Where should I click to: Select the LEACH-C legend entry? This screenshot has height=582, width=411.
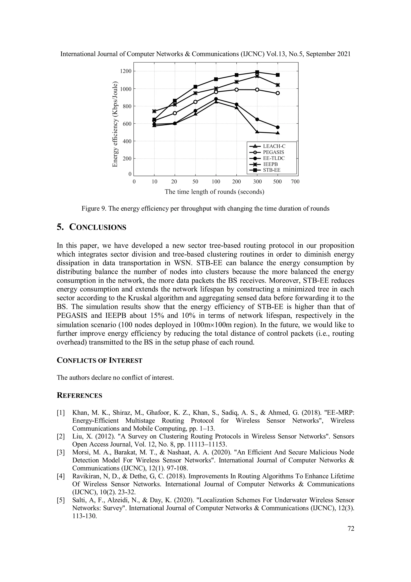(274, 146)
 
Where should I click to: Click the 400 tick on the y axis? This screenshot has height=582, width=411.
(127, 141)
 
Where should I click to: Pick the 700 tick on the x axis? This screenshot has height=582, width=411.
(295, 181)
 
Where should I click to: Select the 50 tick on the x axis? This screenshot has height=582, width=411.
(195, 181)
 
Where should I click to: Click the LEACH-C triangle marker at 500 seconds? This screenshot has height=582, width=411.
(278, 133)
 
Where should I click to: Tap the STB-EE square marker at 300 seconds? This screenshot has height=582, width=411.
(257, 72)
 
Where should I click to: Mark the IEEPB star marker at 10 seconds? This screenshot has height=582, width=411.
(154, 111)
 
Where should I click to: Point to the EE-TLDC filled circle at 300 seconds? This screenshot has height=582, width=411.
(257, 119)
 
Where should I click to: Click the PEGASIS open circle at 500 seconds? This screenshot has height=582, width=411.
(278, 93)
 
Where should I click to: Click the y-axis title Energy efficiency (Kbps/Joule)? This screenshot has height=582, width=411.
(115, 124)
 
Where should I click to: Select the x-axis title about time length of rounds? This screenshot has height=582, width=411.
(215, 192)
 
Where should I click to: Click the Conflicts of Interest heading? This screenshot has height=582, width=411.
(99, 360)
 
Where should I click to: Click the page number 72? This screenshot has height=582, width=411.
(351, 529)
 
